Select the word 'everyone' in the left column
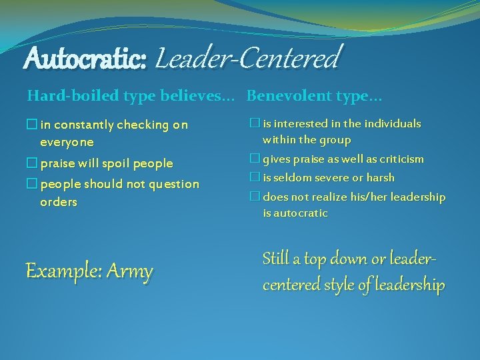point(67,142)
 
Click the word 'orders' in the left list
point(59,201)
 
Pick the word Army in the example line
point(129,271)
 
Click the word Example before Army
point(63,271)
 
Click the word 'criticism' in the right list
point(399,159)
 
